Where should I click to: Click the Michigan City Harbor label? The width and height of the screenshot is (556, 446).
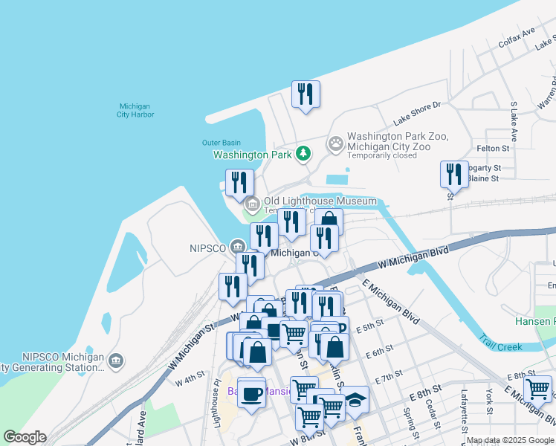coord(135,110)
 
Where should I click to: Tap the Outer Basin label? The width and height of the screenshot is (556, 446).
coord(222,143)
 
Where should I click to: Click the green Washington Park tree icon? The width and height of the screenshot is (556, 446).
coord(303,154)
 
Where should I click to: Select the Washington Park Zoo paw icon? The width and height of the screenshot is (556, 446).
coord(336,142)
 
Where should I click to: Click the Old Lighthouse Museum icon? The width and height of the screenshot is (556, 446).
coord(252,203)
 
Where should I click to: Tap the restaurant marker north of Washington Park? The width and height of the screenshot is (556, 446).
coord(306,94)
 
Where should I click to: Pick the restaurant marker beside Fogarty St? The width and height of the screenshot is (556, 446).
coord(453,175)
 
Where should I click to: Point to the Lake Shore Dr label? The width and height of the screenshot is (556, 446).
coord(417,114)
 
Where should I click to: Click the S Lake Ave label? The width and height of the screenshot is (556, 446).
coord(513,121)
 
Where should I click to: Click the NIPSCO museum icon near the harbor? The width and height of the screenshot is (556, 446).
coord(237,247)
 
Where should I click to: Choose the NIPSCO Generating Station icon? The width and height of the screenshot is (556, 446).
coord(115,361)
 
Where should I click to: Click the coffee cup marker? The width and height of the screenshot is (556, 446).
coord(252,392)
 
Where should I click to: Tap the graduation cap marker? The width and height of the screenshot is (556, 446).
coord(355,400)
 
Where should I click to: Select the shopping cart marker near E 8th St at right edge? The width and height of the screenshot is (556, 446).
coord(537,388)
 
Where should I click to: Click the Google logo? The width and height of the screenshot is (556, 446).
coord(25,437)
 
